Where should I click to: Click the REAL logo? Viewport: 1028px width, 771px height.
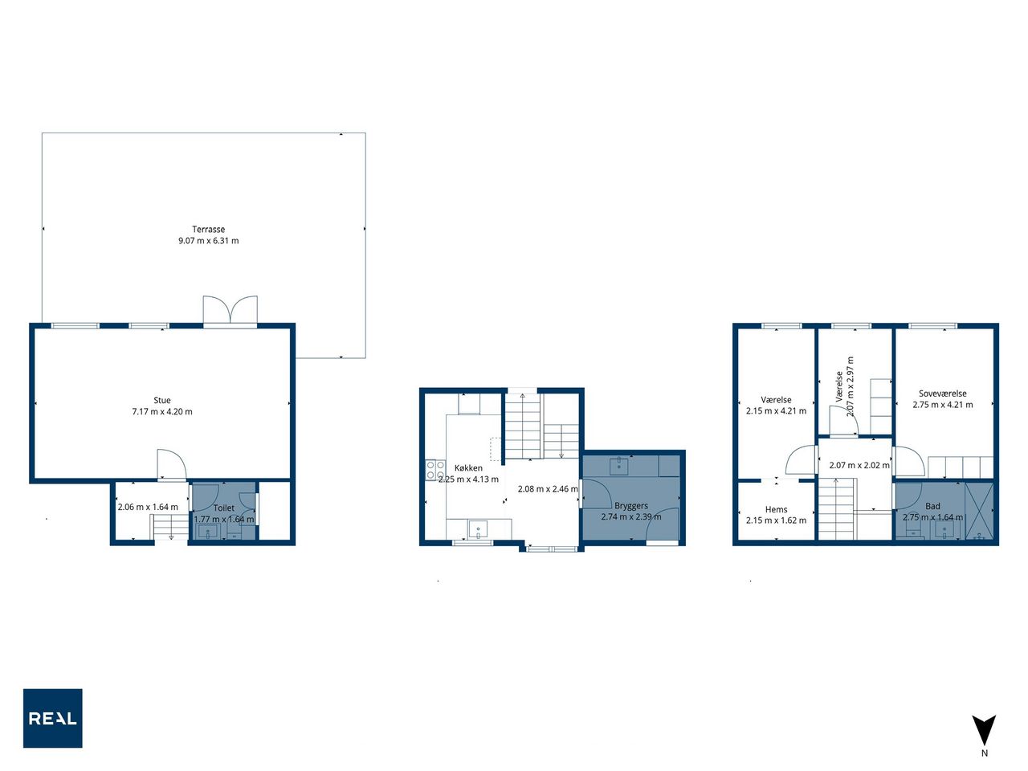tap(52, 718)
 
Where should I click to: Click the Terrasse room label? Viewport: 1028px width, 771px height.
tap(208, 230)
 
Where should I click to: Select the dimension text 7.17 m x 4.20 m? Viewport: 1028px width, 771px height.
tap(162, 412)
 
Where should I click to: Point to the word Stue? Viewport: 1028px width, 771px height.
tap(162, 400)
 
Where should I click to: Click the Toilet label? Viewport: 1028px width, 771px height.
tap(224, 508)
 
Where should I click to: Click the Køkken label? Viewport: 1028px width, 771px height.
tap(468, 468)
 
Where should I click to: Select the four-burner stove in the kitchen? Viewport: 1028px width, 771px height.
tap(435, 470)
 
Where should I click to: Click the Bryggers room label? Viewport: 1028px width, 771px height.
tap(631, 506)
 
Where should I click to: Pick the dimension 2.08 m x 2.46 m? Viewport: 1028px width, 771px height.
tap(548, 489)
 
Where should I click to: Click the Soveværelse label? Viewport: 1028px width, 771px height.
tap(943, 394)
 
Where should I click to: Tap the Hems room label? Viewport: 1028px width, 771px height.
tap(777, 509)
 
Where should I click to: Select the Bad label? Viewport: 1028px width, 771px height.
tap(933, 506)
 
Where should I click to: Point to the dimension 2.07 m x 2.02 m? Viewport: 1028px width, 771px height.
tap(859, 465)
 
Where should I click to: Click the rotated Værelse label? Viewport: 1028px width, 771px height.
tap(839, 386)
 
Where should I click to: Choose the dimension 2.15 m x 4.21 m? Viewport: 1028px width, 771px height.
tap(777, 411)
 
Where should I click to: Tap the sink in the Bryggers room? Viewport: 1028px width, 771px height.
tap(619, 467)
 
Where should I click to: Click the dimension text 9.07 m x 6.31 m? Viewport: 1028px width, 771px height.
tap(208, 241)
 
